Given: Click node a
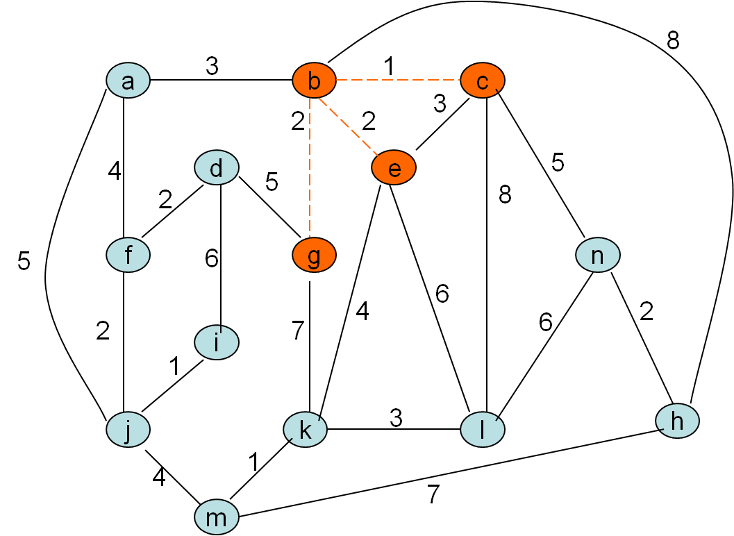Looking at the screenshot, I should pos(128,81).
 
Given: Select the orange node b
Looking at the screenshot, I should pos(314,81).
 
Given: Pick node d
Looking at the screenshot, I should pos(217,168).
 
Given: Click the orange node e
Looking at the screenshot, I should pos(394,168).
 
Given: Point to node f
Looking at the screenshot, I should pos(128,256).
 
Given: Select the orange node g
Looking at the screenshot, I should pos(314,256).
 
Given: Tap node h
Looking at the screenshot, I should pos(677,420).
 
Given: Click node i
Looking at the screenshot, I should pos(217,342).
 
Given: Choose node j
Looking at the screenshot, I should pos(128,430).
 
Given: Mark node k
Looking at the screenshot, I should pos(306,430).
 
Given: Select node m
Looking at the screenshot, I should pos(217,517).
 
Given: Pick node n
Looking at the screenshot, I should pos(597,256).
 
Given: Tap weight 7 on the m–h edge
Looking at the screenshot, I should pos(433,494).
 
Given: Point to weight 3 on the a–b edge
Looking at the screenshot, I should pos(212,66).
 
